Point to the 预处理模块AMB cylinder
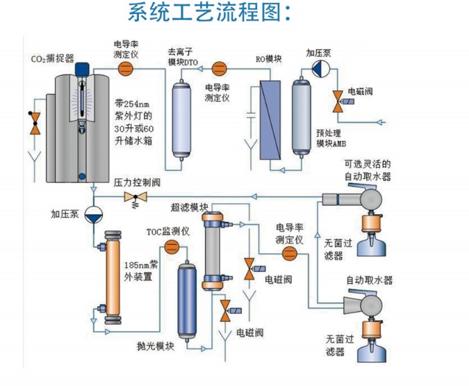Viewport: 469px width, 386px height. tap(302, 114)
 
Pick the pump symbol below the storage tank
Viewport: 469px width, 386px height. tap(94, 214)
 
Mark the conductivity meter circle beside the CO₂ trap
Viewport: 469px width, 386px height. tap(126, 67)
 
